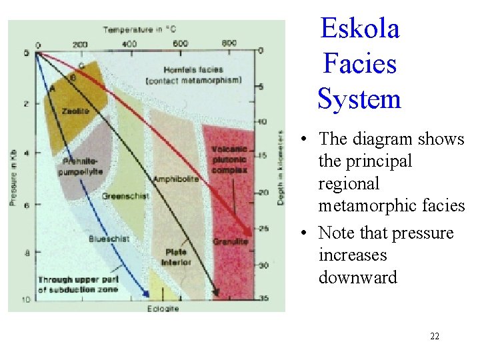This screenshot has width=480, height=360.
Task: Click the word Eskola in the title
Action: [359, 29]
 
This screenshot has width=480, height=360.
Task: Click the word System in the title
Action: [359, 99]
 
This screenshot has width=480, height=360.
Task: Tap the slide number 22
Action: [435, 337]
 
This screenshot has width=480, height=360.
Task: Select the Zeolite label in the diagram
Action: [76, 111]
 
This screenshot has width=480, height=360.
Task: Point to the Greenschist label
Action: [125, 196]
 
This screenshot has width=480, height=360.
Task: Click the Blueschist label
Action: [109, 238]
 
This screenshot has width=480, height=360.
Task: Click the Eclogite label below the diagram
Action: [162, 309]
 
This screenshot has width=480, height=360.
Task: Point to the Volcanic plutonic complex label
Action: [229, 159]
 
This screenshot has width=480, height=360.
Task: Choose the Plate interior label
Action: [176, 257]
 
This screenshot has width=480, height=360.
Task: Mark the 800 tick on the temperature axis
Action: [229, 43]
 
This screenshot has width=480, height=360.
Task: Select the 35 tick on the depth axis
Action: [263, 298]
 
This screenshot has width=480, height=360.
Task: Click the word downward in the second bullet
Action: [357, 277]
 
